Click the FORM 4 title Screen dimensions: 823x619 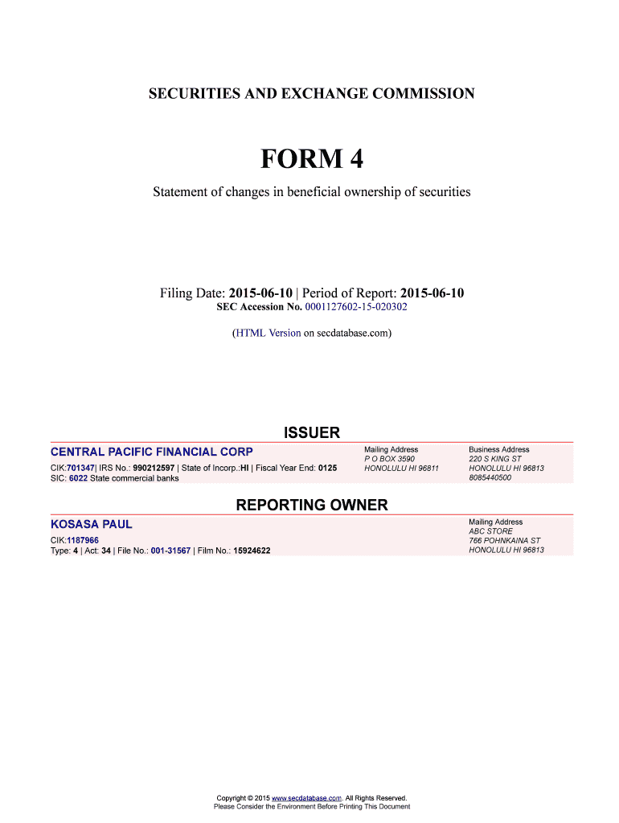tap(311, 160)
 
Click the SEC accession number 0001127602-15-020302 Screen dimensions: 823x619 tap(356, 307)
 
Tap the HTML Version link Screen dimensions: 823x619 tap(268, 332)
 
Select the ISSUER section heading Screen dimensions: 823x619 tap(311, 433)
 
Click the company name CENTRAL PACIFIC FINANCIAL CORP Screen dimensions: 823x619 tap(152, 452)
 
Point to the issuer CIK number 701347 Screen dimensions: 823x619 tap(81, 468)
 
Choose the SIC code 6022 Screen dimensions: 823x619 tap(78, 478)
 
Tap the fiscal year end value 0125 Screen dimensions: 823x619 tap(327, 468)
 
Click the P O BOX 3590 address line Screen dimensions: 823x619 tap(390, 459)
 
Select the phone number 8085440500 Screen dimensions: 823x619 tap(490, 477)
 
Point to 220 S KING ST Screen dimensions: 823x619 tap(495, 459)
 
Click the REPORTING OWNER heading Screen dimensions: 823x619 tap(311, 506)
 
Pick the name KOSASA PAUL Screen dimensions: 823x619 tap(92, 524)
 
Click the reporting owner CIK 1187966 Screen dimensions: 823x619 tap(83, 540)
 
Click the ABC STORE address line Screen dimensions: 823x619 tap(490, 531)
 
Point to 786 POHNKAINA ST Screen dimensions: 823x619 tap(505, 541)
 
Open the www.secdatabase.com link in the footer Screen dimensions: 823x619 tap(307, 798)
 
